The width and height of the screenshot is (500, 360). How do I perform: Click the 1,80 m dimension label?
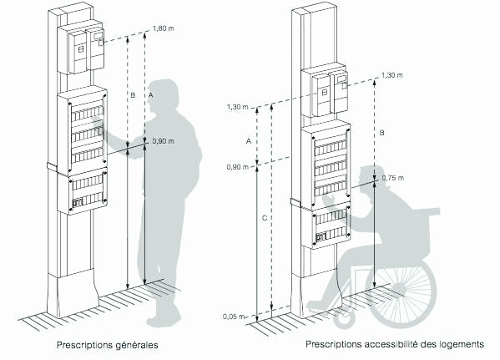(164, 28)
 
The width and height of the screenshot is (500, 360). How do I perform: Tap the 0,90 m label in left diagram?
(164, 141)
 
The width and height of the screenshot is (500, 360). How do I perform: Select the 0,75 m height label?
(393, 178)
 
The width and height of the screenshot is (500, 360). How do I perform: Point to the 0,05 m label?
(234, 317)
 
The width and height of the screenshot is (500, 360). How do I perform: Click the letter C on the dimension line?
(265, 218)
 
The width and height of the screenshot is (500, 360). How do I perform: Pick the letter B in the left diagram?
(133, 95)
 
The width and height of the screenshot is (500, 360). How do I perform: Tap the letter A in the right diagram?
(249, 141)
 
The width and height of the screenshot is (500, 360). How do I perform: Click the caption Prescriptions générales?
(108, 345)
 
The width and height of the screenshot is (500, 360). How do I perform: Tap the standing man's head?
(164, 95)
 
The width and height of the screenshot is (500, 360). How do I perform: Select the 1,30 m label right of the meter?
(391, 75)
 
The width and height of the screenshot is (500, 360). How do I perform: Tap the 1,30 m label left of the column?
(238, 107)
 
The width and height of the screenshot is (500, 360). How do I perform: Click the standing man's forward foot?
(164, 318)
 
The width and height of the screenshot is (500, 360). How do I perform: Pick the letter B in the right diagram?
(382, 133)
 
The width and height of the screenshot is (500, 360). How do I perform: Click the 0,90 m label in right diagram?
(238, 166)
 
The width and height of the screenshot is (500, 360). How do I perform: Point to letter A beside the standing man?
(151, 95)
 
